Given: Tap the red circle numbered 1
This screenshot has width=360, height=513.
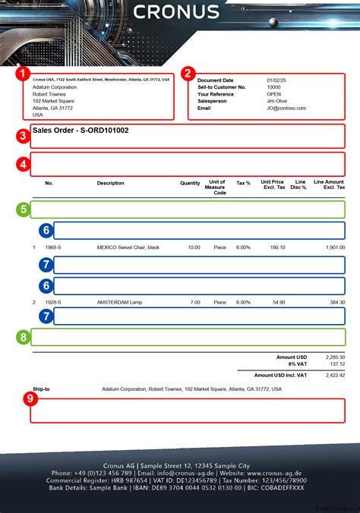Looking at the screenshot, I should coord(23,74).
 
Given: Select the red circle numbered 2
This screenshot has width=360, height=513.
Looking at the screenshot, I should coord(187,74).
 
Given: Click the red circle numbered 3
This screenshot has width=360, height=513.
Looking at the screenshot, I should coord(23,137).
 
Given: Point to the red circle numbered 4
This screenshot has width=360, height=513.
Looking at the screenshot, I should coord(23,164).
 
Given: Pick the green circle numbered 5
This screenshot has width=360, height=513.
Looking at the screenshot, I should coord(23,209).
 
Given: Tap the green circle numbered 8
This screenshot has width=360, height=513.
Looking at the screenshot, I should coord(23,337).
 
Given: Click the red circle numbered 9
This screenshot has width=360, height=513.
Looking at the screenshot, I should coord(30,398).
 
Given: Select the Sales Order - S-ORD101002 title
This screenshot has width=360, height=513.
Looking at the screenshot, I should coord(81,131).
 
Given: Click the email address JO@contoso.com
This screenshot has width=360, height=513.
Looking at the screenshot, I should coord(286,108).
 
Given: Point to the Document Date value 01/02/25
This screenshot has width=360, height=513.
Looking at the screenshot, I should coord(276,80).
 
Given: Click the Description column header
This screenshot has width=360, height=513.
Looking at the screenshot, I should coord(110,183).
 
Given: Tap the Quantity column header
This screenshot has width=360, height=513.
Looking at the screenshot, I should coord(190,183).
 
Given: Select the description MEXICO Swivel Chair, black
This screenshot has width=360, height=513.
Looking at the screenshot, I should coord(128,247).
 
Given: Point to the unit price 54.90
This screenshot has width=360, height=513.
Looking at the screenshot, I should coord(278,302).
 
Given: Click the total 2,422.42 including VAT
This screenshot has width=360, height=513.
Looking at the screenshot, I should coord(334,375).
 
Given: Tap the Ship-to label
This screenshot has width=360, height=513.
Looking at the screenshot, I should coord(41,389).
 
